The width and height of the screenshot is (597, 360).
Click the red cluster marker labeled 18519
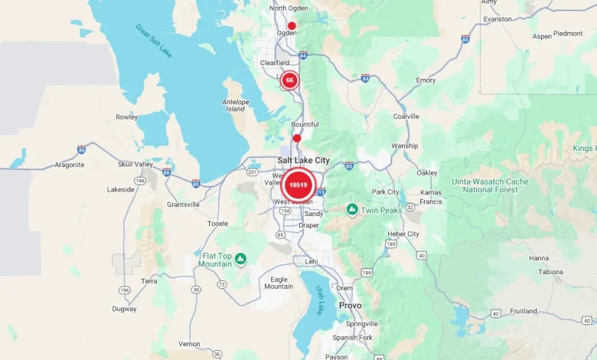pyautogui.click(x=298, y=185)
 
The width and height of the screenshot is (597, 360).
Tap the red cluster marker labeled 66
pyautogui.click(x=289, y=80)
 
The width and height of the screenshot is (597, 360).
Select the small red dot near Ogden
pyautogui.click(x=292, y=25)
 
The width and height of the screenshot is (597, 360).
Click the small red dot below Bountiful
pyautogui.click(x=297, y=139)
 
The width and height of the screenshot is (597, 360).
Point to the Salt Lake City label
pyautogui.click(x=303, y=159)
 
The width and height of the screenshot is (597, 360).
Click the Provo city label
pyautogui.click(x=350, y=305)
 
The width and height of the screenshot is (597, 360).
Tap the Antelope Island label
pyautogui.click(x=235, y=105)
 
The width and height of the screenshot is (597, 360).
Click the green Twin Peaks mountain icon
pyautogui.click(x=351, y=209)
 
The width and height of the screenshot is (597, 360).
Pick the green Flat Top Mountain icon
pyautogui.click(x=240, y=259)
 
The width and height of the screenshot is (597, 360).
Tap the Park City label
pyautogui.click(x=385, y=191)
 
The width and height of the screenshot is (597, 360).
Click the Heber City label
pyautogui.click(x=403, y=234)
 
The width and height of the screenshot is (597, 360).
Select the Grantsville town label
pyautogui.click(x=183, y=205)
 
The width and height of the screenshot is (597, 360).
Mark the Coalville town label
pyautogui.click(x=406, y=116)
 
